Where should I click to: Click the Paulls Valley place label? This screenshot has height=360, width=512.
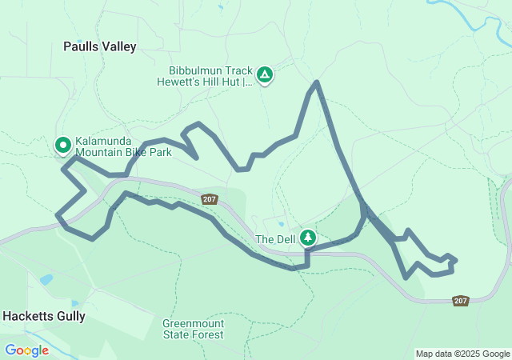100,46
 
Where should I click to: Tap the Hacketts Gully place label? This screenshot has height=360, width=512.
43,316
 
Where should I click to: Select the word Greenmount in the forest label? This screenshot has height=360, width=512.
193,324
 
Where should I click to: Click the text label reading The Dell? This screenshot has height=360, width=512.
274,239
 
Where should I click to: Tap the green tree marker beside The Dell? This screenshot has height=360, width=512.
307,238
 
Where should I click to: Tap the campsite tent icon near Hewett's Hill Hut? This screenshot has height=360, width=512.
265,76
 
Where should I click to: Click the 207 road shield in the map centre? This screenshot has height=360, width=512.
210,199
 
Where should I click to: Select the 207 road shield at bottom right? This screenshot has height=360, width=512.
460,301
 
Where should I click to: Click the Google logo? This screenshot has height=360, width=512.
26,350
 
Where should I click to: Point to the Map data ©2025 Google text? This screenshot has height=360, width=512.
462,354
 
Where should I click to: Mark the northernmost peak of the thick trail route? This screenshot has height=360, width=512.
318,82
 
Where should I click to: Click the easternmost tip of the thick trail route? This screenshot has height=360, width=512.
455,260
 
